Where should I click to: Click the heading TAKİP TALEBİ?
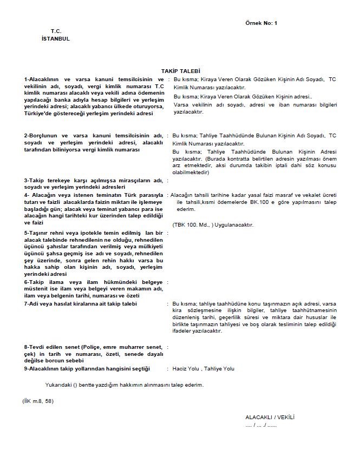(x=180, y=71)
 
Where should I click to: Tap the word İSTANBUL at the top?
(x=55, y=39)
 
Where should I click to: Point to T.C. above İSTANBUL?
(x=56, y=32)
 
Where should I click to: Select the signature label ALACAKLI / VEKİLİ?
(x=270, y=418)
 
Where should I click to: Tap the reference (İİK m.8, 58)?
(x=38, y=401)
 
